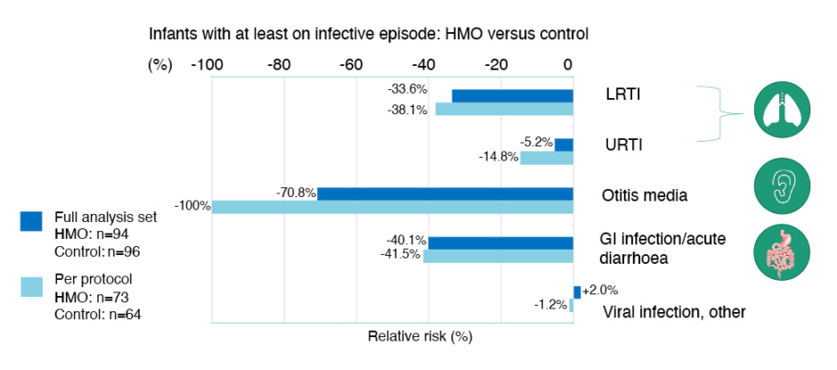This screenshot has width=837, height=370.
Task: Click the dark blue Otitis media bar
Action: click(x=445, y=193)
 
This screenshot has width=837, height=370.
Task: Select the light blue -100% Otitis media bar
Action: click(x=392, y=207)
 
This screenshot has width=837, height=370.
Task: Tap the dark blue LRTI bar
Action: click(x=512, y=95)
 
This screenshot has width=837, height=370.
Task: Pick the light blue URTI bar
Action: click(x=546, y=158)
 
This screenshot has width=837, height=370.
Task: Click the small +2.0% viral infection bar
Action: click(x=577, y=292)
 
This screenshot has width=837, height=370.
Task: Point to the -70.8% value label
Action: click(x=297, y=191)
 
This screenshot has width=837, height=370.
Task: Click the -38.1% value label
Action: click(x=408, y=110)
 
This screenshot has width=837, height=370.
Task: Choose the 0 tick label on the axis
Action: click(x=569, y=64)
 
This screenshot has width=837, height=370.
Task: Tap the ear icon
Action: click(x=781, y=184)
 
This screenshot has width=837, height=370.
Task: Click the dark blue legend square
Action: click(x=31, y=221)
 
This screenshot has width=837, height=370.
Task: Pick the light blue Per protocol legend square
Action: click(x=31, y=286)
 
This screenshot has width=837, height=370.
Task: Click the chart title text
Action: click(x=369, y=35)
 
